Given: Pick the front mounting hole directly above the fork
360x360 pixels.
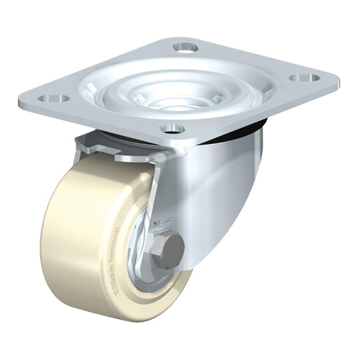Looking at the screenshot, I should (x=171, y=129).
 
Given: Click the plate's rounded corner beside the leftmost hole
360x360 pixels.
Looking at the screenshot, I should (x=27, y=97).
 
